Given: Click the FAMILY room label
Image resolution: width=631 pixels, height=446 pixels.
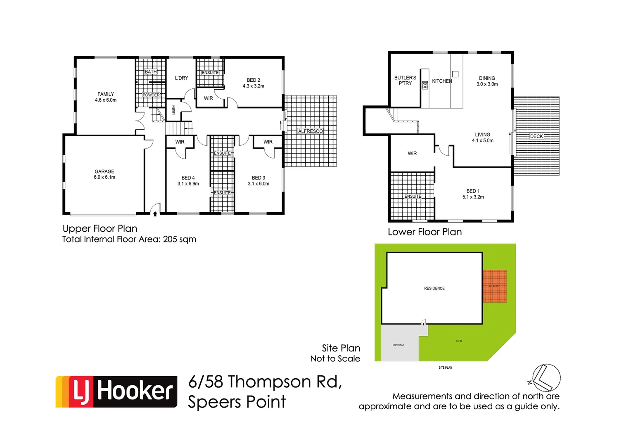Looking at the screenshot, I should [106, 97].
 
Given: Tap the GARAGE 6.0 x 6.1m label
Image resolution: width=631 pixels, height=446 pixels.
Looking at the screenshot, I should [104, 174].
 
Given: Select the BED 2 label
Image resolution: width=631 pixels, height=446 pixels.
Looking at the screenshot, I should [254, 83].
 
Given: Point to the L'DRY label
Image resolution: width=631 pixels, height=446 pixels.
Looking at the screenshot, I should [181, 78].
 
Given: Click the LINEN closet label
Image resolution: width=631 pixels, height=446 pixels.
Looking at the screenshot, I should [174, 110].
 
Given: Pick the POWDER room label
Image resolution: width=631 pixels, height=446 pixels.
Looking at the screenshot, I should [151, 95].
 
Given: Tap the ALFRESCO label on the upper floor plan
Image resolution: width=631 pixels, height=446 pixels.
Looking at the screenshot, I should [311, 131].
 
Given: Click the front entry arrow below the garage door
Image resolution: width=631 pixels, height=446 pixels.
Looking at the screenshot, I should [155, 214].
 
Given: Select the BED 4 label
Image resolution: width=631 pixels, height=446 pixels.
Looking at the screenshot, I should [188, 181].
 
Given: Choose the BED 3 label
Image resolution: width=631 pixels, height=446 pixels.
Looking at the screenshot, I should [259, 181].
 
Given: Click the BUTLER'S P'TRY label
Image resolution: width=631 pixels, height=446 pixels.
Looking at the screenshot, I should [405, 81].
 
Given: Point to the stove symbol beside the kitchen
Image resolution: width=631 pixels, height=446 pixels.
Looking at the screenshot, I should [425, 85].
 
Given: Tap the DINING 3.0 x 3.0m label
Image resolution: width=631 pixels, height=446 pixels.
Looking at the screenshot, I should [487, 81].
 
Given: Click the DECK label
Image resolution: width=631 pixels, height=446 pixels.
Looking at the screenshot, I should [536, 136].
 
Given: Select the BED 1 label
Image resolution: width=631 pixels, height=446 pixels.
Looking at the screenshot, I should [473, 194].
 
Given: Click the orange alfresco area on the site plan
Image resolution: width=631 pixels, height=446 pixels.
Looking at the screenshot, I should [495, 286].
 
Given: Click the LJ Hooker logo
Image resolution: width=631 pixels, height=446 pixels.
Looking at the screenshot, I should [116, 391].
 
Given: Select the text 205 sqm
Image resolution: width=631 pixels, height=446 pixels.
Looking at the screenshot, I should [179, 240].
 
